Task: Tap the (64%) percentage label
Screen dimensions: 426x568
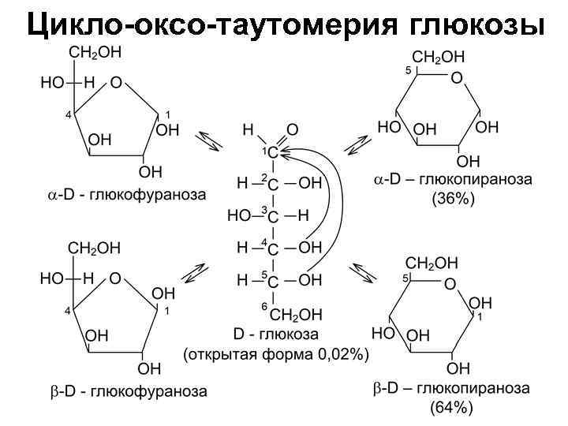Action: pyautogui.click(x=451, y=408)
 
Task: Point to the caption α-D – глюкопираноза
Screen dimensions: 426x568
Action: pyautogui.click(x=453, y=181)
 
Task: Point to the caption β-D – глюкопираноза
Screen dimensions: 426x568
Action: pyautogui.click(x=452, y=389)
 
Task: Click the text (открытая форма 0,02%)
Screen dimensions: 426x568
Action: pyautogui.click(x=276, y=355)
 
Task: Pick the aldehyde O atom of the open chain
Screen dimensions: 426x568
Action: pyautogui.click(x=292, y=129)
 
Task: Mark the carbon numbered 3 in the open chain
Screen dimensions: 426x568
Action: pyautogui.click(x=273, y=216)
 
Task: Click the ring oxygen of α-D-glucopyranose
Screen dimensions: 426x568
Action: pyautogui.click(x=456, y=78)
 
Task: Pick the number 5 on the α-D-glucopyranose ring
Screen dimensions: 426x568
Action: pyautogui.click(x=409, y=71)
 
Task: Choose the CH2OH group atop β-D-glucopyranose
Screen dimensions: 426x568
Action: pyautogui.click(x=431, y=262)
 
